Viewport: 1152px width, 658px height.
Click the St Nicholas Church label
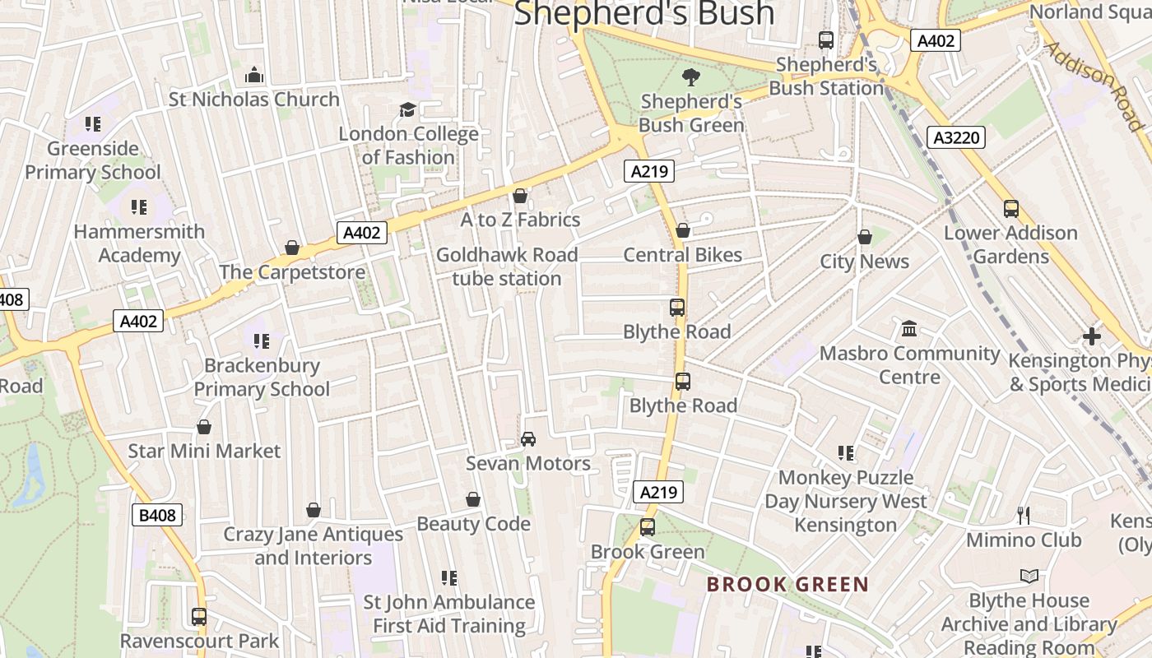pyautogui.click(x=253, y=100)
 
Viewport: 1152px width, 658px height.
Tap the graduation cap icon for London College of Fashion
pyautogui.click(x=407, y=109)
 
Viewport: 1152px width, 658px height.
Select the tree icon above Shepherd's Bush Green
pyautogui.click(x=691, y=77)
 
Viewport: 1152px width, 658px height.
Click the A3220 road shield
pyautogui.click(x=958, y=137)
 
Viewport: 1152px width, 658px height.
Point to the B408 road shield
pyautogui.click(x=156, y=516)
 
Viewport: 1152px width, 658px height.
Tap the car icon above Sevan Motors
pyautogui.click(x=528, y=439)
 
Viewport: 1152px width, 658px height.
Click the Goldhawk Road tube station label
pyautogui.click(x=507, y=266)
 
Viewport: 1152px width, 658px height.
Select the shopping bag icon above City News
pyautogui.click(x=864, y=238)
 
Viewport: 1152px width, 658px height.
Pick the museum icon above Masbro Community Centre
pyautogui.click(x=909, y=329)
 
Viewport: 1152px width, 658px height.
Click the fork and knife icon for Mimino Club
pyautogui.click(x=1024, y=516)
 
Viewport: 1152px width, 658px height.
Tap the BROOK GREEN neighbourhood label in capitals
pyautogui.click(x=787, y=585)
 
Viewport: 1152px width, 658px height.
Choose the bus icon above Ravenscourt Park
pyautogui.click(x=199, y=616)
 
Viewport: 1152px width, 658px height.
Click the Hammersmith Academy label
pyautogui.click(x=139, y=243)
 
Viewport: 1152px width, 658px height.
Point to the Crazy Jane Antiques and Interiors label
pyautogui.click(x=313, y=546)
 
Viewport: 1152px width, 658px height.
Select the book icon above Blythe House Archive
pyautogui.click(x=1029, y=577)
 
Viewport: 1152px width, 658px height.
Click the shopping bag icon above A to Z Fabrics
pyautogui.click(x=520, y=196)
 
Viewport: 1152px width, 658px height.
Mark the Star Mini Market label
pyautogui.click(x=204, y=451)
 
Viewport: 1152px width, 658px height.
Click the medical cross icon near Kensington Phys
pyautogui.click(x=1092, y=336)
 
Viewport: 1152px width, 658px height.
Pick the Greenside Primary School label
pyautogui.click(x=93, y=160)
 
